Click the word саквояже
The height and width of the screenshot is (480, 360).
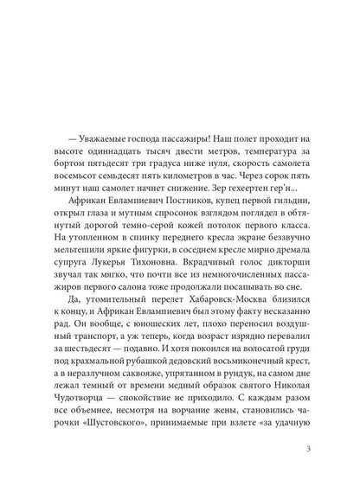[x=138, y=387]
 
